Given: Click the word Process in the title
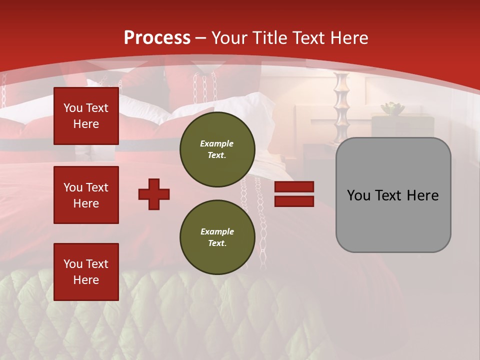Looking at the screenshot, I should [x=157, y=38].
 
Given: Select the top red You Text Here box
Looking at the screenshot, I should [x=86, y=116].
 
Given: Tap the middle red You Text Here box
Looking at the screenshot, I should [x=86, y=195].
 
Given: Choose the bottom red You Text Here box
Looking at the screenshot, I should [x=86, y=271].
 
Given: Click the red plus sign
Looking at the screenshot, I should [x=154, y=194].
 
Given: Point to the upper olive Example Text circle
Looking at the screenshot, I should [x=217, y=149].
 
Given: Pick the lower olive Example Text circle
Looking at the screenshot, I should [x=217, y=237].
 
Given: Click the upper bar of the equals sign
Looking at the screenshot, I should [x=294, y=187].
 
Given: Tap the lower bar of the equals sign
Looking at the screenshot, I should [x=294, y=201].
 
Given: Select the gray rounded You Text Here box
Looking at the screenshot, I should [x=393, y=195].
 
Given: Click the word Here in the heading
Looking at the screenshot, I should [x=347, y=38].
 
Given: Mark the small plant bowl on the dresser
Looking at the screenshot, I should [x=392, y=108].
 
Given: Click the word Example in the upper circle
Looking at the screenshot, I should [x=217, y=143].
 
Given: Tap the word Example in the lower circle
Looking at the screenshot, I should [x=217, y=231].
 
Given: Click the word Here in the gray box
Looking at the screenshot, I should [x=423, y=195].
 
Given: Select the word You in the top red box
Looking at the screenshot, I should [x=73, y=108].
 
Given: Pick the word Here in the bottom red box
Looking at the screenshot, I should [x=86, y=280].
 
